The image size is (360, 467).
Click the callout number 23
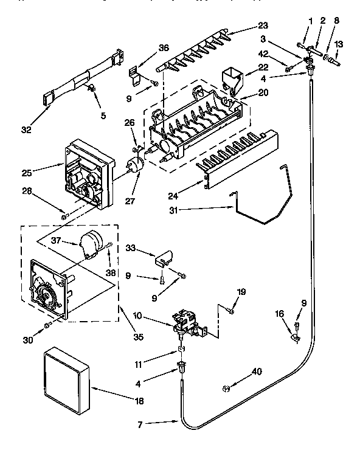262,26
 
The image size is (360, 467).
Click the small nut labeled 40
225,387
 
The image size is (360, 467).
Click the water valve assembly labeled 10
188,322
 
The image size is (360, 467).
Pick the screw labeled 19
230,312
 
